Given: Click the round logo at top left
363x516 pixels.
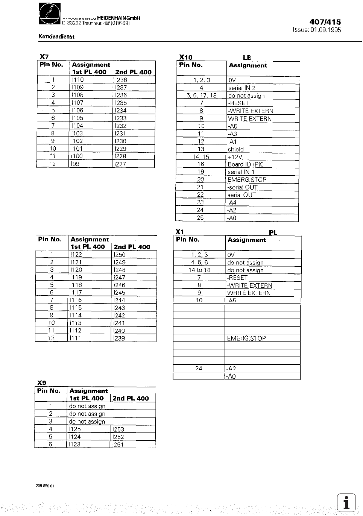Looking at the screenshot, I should pos(50,14).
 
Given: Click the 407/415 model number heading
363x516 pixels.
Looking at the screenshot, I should pos(325,22).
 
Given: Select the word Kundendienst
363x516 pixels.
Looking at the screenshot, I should pos(56,36).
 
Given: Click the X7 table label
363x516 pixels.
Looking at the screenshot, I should pos(44,56).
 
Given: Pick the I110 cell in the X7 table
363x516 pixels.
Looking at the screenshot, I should pos(78,80).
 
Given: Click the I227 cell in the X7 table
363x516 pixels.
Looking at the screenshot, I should pos(121,164).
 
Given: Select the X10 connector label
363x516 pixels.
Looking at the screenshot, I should pos(185,57).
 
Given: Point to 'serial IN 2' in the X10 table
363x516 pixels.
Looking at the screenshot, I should pos(241,88).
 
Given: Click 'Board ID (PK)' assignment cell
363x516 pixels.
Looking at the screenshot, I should pos(245,164).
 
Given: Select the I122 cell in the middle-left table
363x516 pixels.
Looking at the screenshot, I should pos(76,255).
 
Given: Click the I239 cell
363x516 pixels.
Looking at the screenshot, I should pos(119,338).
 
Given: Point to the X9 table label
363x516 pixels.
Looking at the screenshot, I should pos(41,382).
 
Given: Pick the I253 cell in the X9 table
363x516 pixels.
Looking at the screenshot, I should pos(118,429).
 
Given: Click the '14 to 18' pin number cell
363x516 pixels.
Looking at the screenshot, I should pos(199,270).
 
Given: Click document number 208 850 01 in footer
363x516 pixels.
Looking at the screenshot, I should pos(45,486).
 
